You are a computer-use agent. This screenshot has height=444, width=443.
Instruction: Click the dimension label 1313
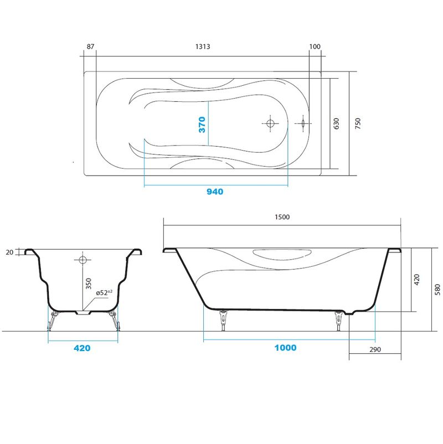pos(203,47)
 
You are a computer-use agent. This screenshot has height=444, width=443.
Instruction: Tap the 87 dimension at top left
pos(90,47)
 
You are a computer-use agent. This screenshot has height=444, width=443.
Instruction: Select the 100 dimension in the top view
pos(315,47)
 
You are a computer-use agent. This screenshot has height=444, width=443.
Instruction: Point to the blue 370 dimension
pos(202,125)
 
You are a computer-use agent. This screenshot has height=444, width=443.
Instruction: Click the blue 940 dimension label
pos(215,192)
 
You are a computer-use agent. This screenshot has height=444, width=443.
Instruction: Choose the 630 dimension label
pos(336,124)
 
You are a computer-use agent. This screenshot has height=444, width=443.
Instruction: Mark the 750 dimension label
pos(358,124)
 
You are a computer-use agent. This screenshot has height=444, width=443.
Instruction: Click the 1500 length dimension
pos(282,217)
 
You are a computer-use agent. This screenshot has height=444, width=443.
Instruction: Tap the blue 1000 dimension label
pos(285,348)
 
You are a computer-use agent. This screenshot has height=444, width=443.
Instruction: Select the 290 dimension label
pos(375,350)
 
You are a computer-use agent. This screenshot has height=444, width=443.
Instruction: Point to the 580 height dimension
pos(437,290)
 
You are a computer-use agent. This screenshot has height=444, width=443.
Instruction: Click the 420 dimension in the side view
pos(416,280)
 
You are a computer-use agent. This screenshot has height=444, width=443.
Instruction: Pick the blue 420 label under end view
pos(82,348)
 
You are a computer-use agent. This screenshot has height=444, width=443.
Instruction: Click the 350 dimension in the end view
pos(89,284)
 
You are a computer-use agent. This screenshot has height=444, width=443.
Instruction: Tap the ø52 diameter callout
pos(104,292)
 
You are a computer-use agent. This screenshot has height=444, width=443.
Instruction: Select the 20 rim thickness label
pos(9,252)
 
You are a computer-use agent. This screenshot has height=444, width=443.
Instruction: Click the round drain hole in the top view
pos(270,123)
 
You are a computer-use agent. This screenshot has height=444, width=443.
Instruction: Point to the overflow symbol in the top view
pos(303,123)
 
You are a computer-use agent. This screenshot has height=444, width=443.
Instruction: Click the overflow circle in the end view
pos(83,260)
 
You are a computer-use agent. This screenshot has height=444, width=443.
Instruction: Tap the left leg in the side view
pos(223,319)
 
